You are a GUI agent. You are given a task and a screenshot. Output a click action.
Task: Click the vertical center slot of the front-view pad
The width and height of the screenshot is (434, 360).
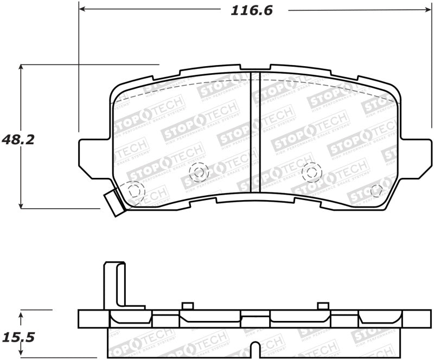pyautogui.click(x=256, y=132)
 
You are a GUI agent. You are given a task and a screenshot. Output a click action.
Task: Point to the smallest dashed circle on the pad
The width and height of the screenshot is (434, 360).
pyautogui.click(x=375, y=191)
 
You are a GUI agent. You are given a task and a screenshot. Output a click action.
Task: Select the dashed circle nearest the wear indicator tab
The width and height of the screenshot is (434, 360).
pyautogui.click(x=135, y=190)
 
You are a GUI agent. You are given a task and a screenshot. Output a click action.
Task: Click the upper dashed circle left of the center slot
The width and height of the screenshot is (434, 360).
pyautogui.click(x=198, y=172)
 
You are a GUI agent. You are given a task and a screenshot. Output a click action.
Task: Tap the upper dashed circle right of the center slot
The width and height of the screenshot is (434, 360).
pyautogui.click(x=311, y=172)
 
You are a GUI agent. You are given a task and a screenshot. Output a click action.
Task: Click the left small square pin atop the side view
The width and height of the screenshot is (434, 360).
pyautogui.click(x=188, y=305)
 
